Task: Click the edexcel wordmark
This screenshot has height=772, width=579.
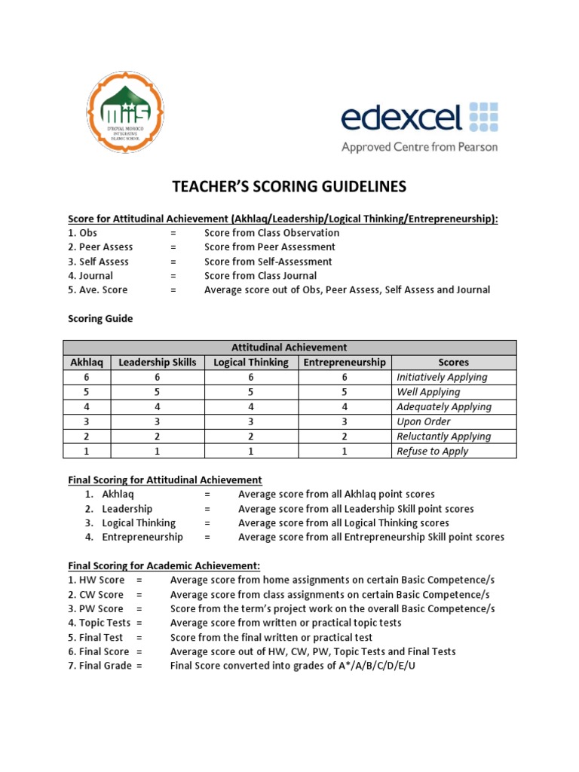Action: pyautogui.click(x=400, y=118)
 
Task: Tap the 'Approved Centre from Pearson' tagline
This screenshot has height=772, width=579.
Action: pyautogui.click(x=419, y=147)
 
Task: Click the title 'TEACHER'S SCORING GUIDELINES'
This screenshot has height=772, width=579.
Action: pyautogui.click(x=289, y=186)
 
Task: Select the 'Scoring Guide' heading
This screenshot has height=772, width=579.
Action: pyautogui.click(x=100, y=319)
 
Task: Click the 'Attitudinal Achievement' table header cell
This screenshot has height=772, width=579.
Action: pyautogui.click(x=289, y=348)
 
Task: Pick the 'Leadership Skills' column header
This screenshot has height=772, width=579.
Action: pyautogui.click(x=158, y=363)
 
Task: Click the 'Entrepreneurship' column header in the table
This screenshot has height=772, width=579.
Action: pyautogui.click(x=345, y=363)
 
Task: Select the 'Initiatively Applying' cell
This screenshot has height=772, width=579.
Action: pyautogui.click(x=442, y=377)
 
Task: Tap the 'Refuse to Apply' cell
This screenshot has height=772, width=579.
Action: pyautogui.click(x=432, y=452)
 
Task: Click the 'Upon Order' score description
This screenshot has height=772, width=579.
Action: pyautogui.click(x=423, y=421)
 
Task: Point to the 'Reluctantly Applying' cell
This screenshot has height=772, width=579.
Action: pyautogui.click(x=443, y=437)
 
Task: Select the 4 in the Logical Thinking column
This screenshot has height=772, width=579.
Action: pyautogui.click(x=251, y=407)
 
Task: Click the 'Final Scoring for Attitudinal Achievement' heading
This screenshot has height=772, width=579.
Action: pyautogui.click(x=165, y=479)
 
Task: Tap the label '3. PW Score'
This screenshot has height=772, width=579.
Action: pyautogui.click(x=96, y=608)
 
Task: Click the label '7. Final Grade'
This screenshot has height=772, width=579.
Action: pyautogui.click(x=100, y=666)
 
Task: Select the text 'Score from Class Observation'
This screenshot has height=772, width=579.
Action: pyautogui.click(x=271, y=233)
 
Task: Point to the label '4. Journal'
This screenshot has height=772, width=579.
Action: pyautogui.click(x=90, y=276)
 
